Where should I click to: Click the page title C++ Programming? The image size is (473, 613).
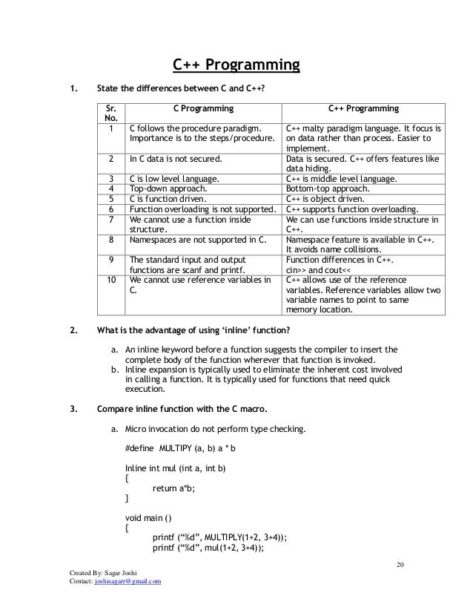point(236,68)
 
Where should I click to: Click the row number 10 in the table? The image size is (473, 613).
point(111,281)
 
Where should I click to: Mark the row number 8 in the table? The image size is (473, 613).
point(111,240)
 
